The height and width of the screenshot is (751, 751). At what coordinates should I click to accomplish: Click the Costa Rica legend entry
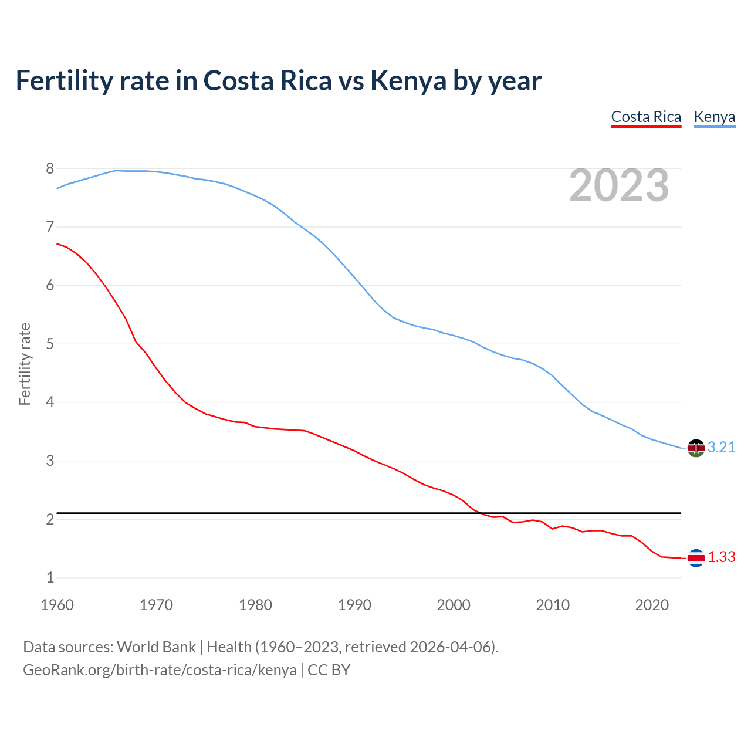[646, 117]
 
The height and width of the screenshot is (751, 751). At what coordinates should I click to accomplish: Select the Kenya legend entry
[714, 117]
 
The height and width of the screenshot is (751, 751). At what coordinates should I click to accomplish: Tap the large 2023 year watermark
[619, 185]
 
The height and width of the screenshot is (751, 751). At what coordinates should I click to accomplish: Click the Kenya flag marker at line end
[696, 448]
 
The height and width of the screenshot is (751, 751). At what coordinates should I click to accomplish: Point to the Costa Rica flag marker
[696, 558]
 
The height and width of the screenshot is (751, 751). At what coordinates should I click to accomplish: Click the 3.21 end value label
[721, 448]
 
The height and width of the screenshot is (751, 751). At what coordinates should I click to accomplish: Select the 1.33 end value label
[721, 557]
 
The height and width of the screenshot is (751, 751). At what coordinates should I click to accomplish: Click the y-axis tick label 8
[50, 169]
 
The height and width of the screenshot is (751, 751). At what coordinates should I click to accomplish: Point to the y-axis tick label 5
[50, 344]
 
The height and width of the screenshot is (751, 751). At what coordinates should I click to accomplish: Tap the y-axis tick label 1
[50, 578]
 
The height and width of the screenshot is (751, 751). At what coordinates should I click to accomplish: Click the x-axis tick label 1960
[57, 605]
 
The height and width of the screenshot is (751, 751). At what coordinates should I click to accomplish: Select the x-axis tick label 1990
[354, 605]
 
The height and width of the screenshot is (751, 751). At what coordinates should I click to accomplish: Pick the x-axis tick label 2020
[652, 605]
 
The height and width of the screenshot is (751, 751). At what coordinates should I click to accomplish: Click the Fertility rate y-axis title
[25, 364]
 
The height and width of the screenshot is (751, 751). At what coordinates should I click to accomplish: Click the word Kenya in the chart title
[408, 81]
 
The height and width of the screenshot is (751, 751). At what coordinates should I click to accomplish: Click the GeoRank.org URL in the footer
[160, 670]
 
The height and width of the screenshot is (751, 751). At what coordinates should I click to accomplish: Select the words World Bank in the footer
[156, 647]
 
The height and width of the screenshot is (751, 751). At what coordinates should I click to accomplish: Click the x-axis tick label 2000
[454, 605]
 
